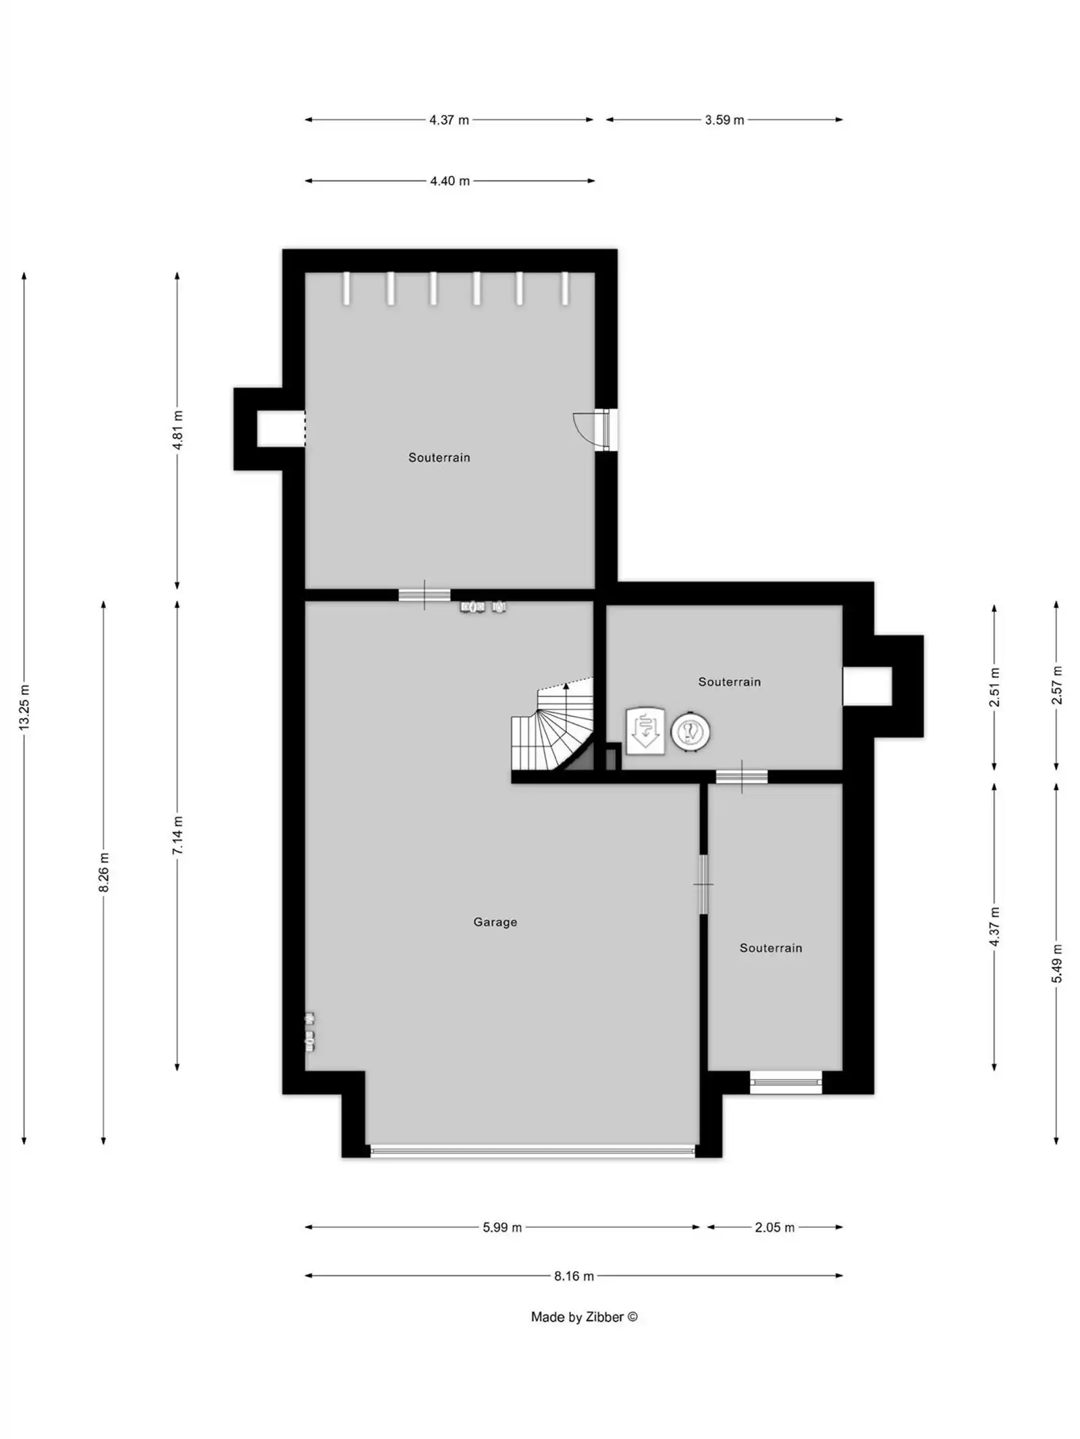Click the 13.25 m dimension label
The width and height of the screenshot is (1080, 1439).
click(24, 706)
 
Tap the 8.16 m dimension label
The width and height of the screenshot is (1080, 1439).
click(574, 1276)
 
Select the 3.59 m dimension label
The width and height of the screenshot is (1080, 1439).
click(724, 120)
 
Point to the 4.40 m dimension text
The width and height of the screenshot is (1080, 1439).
click(450, 181)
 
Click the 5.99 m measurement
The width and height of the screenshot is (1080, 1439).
click(502, 1227)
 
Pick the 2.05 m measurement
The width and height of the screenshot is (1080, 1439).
click(774, 1227)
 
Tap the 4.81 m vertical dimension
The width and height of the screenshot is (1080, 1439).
click(178, 430)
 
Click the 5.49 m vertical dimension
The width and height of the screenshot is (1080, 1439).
click(1056, 963)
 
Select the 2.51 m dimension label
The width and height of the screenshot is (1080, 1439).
click(994, 687)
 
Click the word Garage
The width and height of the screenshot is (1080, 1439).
click(495, 922)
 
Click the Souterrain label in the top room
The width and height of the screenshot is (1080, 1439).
click(439, 457)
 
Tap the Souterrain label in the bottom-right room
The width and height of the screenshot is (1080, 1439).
click(770, 948)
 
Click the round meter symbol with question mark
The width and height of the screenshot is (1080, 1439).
click(690, 731)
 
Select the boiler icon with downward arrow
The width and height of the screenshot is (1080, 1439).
click(645, 729)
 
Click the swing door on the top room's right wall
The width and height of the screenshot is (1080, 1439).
click(594, 429)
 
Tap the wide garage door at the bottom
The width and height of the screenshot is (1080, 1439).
click(533, 1151)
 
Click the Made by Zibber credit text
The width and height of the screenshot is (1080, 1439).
click(584, 1317)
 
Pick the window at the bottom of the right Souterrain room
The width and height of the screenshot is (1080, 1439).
click(786, 1082)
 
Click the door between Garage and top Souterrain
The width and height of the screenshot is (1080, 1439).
click(424, 595)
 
